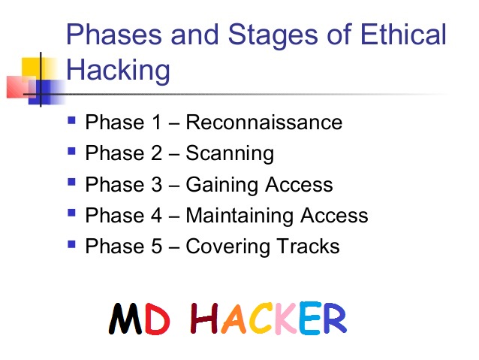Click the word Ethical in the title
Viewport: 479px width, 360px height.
click(399, 36)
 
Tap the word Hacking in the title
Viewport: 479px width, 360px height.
click(118, 71)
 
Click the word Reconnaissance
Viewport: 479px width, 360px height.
click(264, 122)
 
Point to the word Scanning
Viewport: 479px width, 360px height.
click(230, 153)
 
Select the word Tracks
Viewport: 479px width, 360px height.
click(309, 247)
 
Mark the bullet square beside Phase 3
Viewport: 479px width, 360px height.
click(71, 181)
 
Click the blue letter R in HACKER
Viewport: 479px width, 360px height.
click(333, 318)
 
